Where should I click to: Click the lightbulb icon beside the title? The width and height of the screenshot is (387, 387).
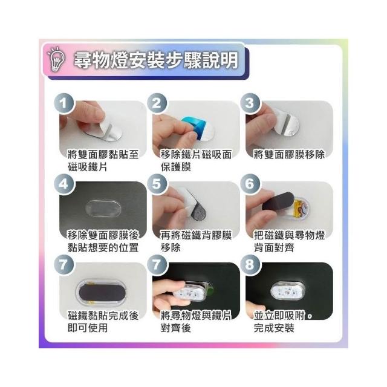click(56, 59)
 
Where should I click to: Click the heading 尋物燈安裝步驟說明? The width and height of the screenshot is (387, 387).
click(156, 60)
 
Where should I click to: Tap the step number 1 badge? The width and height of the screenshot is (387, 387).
click(64, 103)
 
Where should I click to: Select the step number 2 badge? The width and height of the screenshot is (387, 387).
click(157, 103)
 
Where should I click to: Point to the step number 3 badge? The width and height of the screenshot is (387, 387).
click(250, 103)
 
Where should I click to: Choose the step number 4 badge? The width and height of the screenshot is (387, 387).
click(64, 184)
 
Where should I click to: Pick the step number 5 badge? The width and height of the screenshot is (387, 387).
click(157, 184)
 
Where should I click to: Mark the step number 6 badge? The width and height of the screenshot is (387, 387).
click(250, 184)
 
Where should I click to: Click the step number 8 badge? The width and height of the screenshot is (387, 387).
click(250, 265)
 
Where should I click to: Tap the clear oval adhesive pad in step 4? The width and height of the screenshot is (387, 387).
click(103, 208)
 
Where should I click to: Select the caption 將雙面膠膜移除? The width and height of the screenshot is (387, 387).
click(289, 155)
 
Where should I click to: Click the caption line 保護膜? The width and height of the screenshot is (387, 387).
click(176, 167)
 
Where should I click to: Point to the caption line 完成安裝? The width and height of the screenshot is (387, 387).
click(274, 328)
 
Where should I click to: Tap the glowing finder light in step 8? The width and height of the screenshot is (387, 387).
click(288, 291)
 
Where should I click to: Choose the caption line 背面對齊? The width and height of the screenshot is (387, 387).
click(274, 247)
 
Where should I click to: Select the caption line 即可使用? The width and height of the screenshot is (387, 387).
click(88, 328)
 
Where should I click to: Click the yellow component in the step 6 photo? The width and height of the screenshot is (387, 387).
click(298, 207)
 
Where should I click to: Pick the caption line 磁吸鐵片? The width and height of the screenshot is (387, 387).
click(88, 167)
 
